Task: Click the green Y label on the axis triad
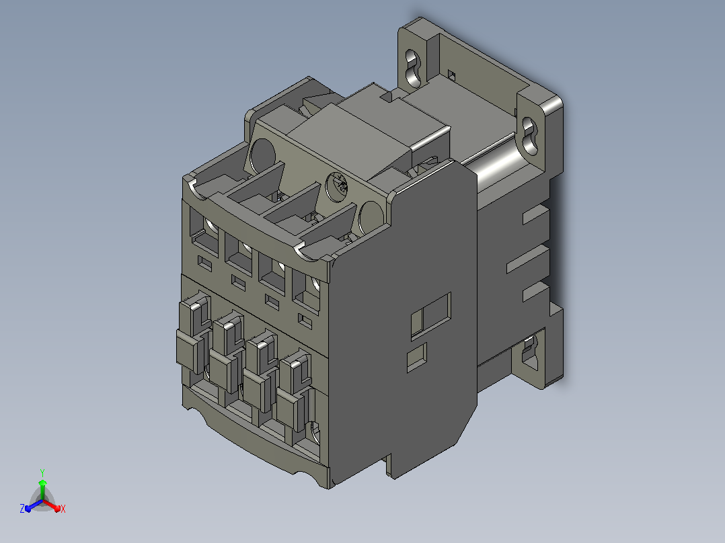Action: (x=42, y=472)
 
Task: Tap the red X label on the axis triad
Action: (x=63, y=509)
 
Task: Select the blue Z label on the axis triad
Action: (x=22, y=508)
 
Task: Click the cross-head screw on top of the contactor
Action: (x=338, y=186)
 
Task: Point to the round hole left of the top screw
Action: (x=262, y=156)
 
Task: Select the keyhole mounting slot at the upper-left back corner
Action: (x=413, y=67)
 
